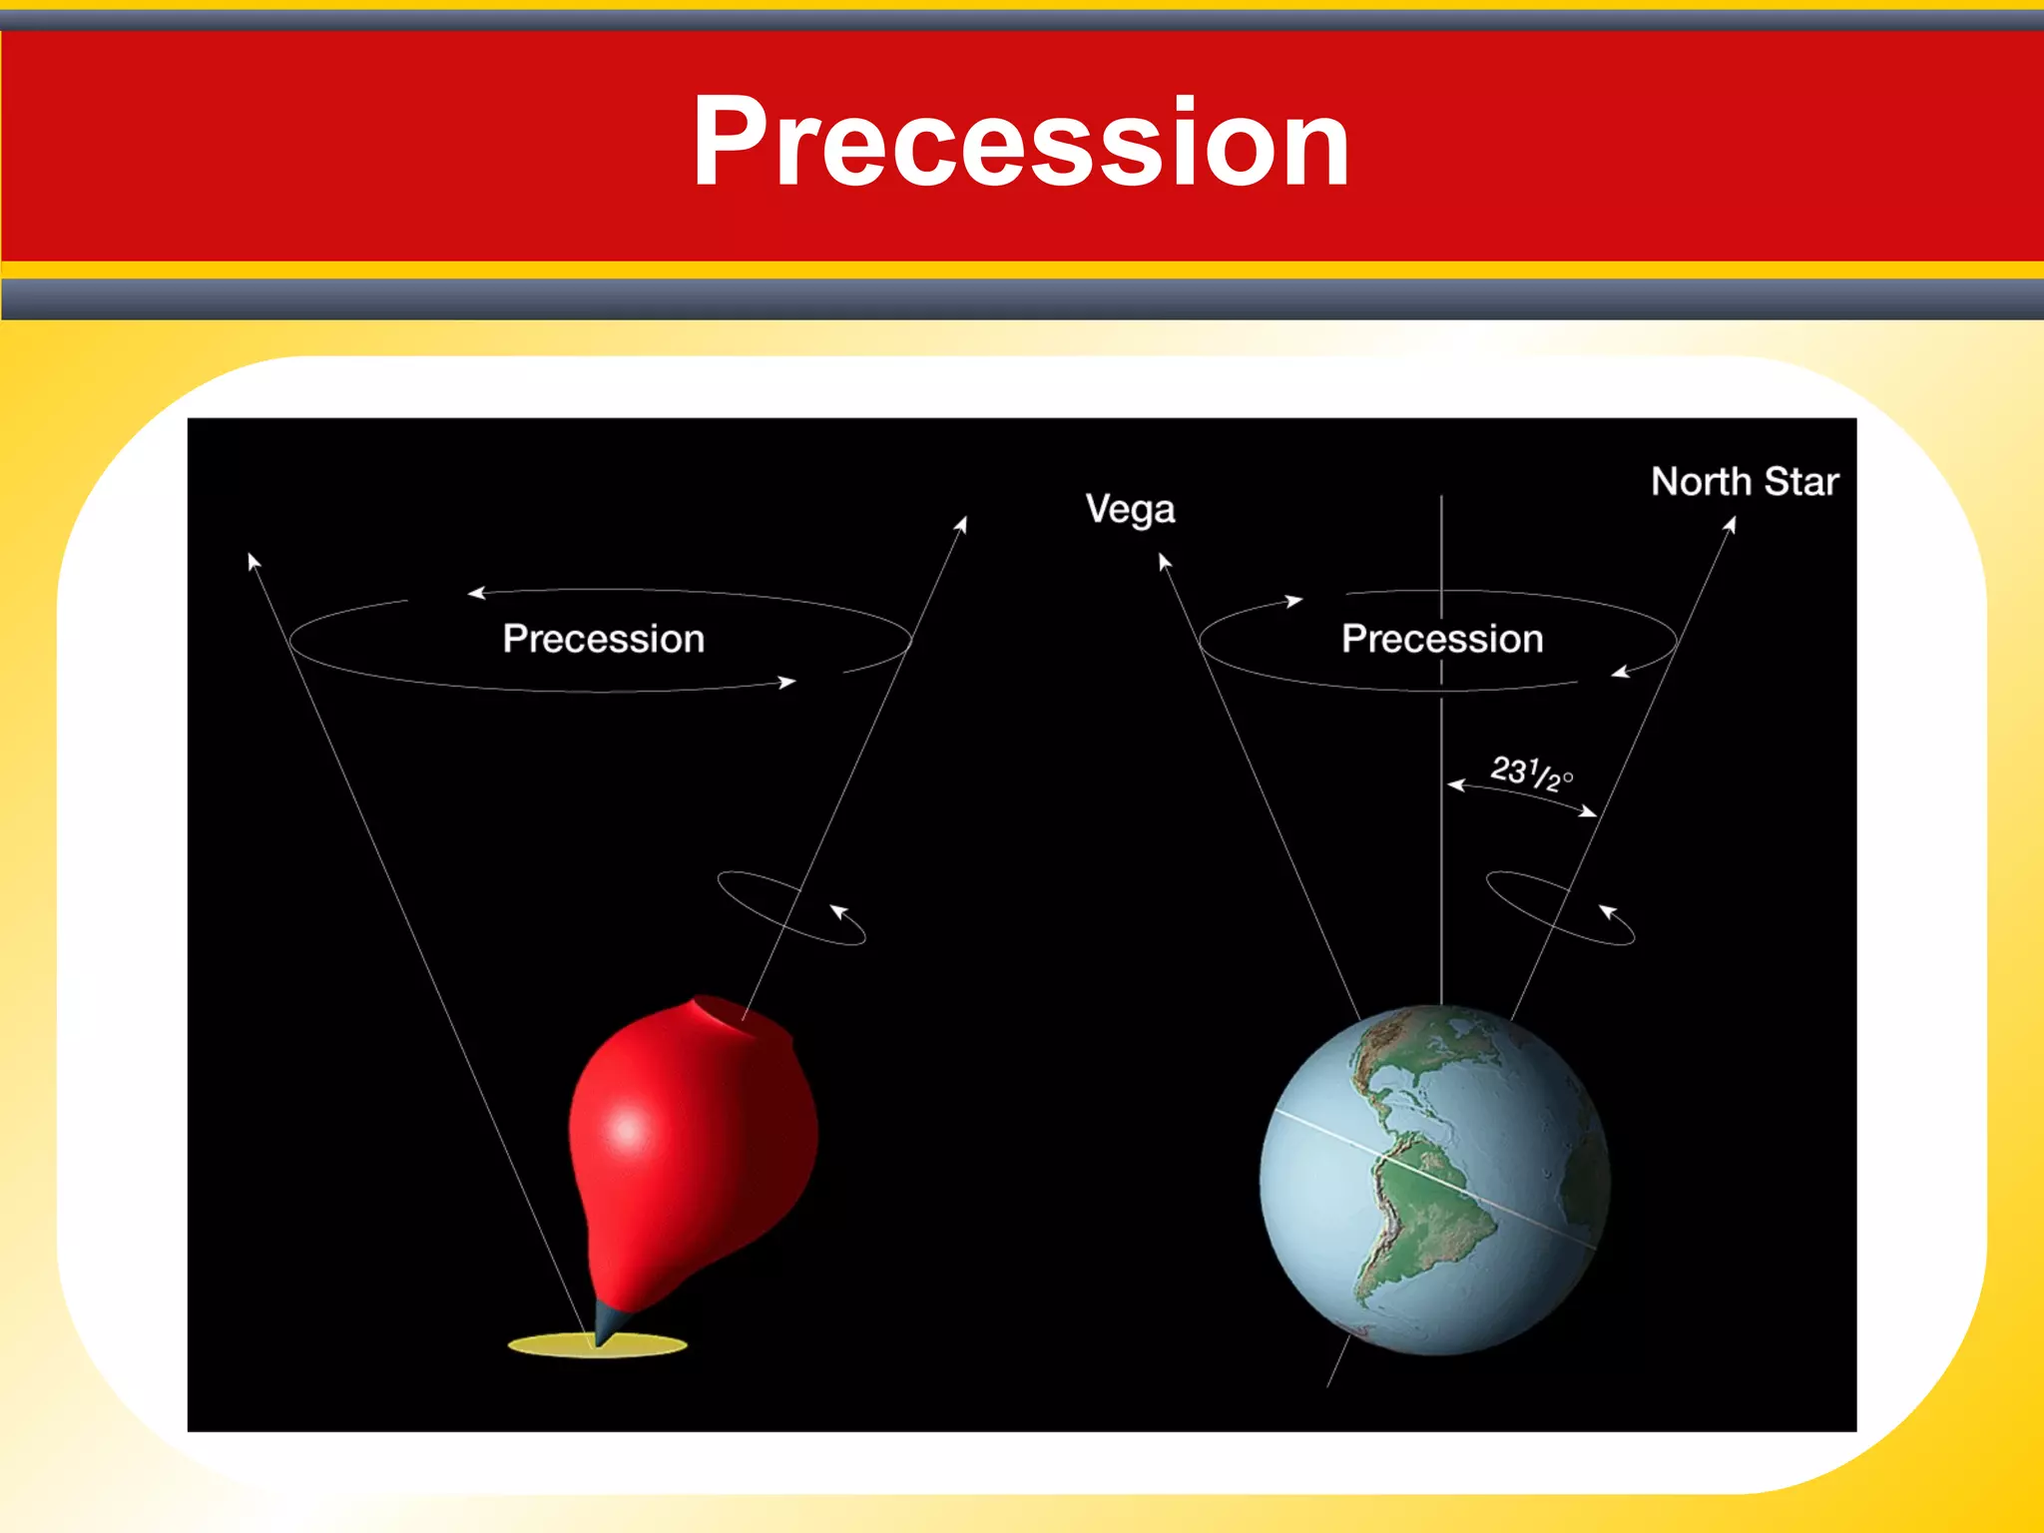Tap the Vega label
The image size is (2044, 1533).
pyautogui.click(x=1130, y=509)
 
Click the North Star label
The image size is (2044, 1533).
pyautogui.click(x=1744, y=482)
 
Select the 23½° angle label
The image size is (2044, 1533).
pyautogui.click(x=1530, y=772)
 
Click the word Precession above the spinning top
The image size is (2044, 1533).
pyautogui.click(x=603, y=639)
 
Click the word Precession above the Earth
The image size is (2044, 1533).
pyautogui.click(x=1441, y=639)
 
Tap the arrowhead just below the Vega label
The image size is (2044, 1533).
pyautogui.click(x=1163, y=561)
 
